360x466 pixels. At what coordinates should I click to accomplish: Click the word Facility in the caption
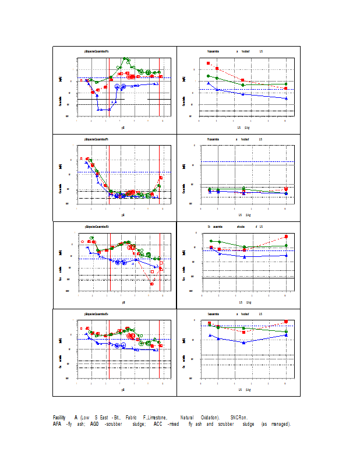[59, 418]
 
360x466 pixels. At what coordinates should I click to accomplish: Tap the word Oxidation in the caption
[207, 418]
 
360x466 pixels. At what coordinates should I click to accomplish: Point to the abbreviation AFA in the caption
[58, 424]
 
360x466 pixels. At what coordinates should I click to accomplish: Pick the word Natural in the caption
[187, 418]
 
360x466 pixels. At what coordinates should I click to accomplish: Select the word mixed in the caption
[173, 424]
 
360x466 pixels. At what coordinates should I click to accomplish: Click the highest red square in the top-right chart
[208, 63]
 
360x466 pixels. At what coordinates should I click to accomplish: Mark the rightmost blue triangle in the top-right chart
[286, 98]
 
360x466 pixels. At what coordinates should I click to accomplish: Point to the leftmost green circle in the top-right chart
[208, 76]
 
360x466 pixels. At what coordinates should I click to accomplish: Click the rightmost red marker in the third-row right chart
[286, 236]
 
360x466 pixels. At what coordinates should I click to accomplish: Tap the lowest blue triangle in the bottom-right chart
[243, 343]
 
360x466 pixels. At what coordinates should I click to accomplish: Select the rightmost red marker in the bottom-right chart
[286, 322]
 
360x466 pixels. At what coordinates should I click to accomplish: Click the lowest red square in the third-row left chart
[152, 284]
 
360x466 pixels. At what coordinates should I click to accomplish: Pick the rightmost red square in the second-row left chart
[161, 178]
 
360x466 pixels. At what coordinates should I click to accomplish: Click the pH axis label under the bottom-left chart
[123, 389]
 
